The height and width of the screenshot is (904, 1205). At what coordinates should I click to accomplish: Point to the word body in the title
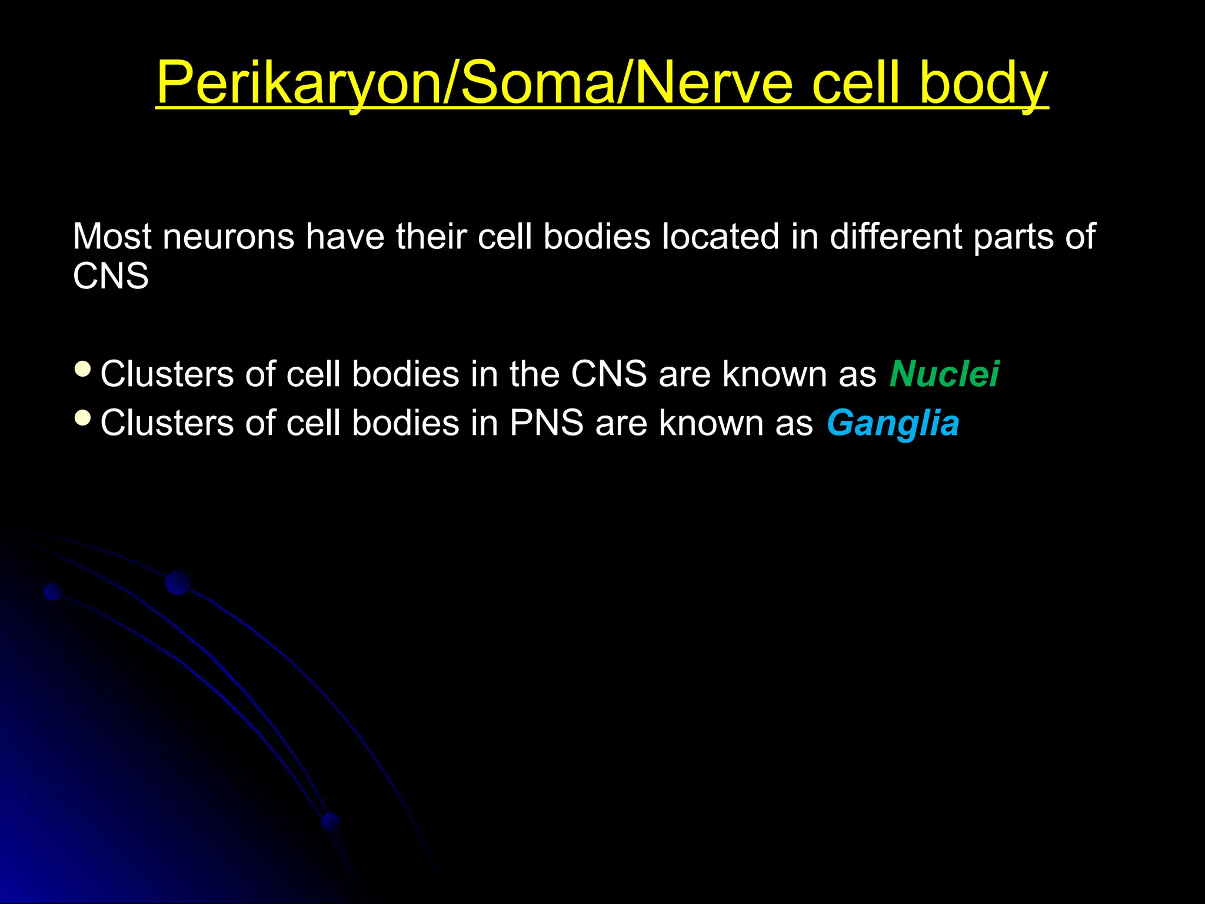pos(983,84)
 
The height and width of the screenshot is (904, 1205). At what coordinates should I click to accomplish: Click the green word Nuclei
pos(944,374)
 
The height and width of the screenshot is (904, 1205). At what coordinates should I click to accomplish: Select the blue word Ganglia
pos(893,424)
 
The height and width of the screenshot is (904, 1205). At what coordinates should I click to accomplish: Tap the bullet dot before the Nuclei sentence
pos(83,370)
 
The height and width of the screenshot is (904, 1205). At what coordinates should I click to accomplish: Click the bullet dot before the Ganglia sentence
pos(83,418)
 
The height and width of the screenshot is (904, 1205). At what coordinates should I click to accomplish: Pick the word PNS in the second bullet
pos(547,424)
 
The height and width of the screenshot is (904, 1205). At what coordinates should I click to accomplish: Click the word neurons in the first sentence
pos(228,237)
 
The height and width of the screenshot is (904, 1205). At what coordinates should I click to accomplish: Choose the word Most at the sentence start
pos(112,237)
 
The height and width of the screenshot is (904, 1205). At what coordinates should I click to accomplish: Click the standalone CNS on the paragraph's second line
pos(111,276)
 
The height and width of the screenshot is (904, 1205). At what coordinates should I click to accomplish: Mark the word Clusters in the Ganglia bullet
pos(167,424)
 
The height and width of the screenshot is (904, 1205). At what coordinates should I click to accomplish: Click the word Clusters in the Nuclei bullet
pos(167,374)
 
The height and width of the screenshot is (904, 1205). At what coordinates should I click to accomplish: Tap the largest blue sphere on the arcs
pos(178,583)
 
